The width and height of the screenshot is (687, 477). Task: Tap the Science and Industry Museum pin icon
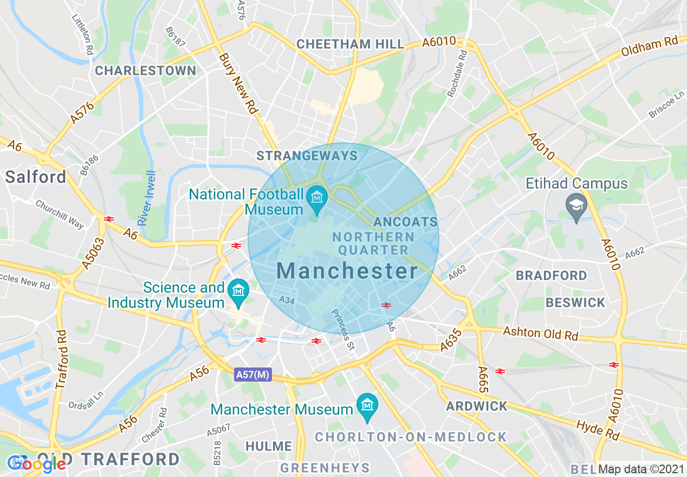[237, 290]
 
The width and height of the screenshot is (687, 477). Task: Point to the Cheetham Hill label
[351, 44]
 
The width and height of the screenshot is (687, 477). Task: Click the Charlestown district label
[145, 70]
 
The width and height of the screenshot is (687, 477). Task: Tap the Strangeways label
[307, 156]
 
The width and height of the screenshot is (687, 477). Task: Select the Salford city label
[36, 177]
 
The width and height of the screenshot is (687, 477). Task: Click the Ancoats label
[405, 222]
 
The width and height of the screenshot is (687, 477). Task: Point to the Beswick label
[575, 302]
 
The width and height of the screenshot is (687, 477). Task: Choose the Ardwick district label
[477, 406]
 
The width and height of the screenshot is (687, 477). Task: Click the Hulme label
[269, 446]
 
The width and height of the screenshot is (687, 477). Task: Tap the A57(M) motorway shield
[253, 375]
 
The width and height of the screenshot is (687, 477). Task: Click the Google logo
[36, 464]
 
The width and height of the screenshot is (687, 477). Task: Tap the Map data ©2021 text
[641, 469]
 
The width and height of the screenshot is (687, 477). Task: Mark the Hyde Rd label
[598, 430]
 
